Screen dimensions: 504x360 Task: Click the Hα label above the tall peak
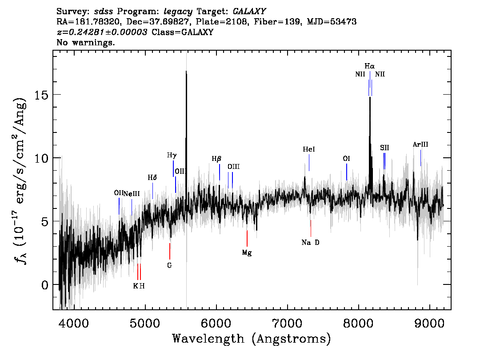[370, 66]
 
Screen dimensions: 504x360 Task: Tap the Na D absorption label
[311, 242]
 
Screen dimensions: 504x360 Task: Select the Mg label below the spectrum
[247, 253]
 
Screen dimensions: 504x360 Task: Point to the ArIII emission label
[420, 144]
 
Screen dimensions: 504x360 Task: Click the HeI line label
[309, 149]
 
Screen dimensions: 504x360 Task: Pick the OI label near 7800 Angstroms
[347, 159]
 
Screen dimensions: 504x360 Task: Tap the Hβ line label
[216, 159]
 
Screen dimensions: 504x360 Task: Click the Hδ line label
[152, 177]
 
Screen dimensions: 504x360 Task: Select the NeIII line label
[132, 193]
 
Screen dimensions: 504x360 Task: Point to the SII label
[384, 148]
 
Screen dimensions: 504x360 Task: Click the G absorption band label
[169, 265]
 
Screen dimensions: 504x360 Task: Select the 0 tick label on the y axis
[45, 285]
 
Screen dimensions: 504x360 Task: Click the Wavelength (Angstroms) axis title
[252, 339]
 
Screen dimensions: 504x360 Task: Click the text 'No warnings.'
[86, 42]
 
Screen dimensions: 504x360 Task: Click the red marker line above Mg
[247, 239]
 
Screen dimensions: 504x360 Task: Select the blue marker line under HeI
[309, 163]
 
